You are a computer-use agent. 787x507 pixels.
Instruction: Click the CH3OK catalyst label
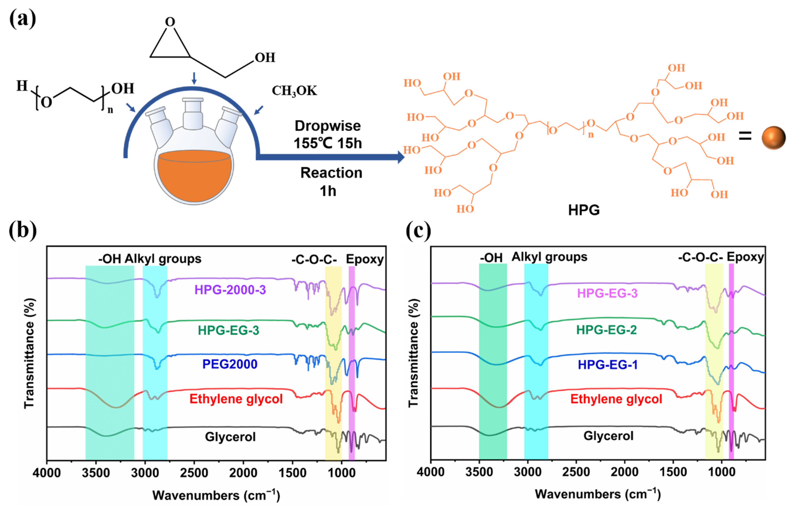click(x=294, y=91)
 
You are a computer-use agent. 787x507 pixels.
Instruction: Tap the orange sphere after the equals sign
click(x=773, y=138)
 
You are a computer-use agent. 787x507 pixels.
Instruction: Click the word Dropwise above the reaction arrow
click(x=328, y=126)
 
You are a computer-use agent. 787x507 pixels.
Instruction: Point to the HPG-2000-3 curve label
click(x=230, y=290)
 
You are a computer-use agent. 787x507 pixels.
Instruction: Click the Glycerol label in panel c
click(x=608, y=436)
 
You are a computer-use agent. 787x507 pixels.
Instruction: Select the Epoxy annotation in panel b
click(x=364, y=260)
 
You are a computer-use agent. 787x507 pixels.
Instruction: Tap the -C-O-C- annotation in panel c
click(x=700, y=257)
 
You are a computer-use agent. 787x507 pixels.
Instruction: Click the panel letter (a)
click(x=22, y=19)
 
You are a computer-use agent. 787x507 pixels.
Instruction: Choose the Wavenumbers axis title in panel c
click(x=598, y=494)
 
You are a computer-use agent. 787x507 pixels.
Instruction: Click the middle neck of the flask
click(x=193, y=114)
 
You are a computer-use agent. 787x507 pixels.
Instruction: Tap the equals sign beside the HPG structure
click(x=745, y=136)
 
